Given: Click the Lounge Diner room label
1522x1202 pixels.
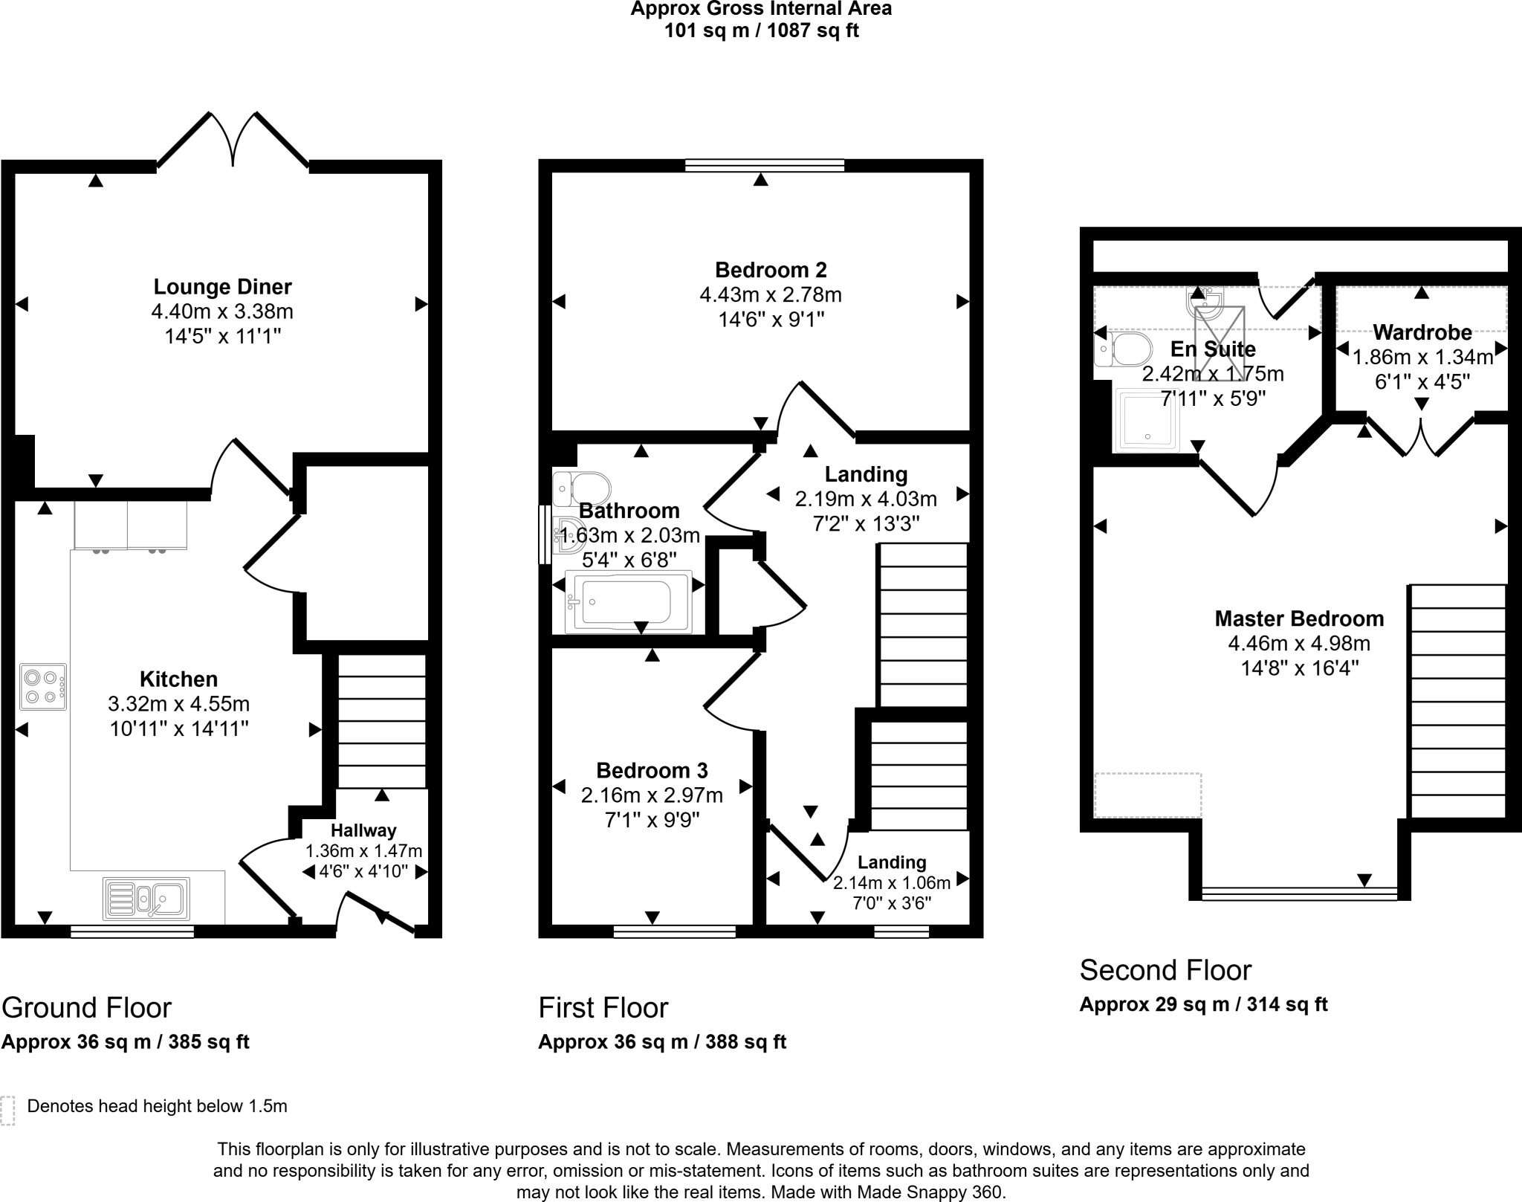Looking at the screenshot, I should point(222,287).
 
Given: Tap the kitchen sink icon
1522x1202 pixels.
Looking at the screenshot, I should point(147,899).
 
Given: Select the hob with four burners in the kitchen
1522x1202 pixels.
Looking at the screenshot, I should point(43,687).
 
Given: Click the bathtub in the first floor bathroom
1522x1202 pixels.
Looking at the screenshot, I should point(628,602).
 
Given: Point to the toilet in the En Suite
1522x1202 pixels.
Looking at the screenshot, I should point(1124,349).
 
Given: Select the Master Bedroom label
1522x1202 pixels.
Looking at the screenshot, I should point(1299,618).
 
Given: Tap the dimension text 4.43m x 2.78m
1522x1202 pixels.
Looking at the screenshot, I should point(770,295).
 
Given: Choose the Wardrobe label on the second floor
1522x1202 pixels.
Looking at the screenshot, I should point(1422,332).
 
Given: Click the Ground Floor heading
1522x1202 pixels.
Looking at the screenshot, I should point(86,1008).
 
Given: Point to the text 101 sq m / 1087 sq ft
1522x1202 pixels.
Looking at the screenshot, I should point(761,31).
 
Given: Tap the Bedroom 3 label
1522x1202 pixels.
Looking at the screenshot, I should point(652,770).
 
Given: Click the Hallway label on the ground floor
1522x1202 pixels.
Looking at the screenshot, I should point(363,830).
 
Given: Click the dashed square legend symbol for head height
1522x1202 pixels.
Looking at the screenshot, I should point(7,1110).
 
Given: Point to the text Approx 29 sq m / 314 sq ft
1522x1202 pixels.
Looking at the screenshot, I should point(1203,1004).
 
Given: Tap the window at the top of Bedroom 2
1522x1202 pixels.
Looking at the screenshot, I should point(764,165).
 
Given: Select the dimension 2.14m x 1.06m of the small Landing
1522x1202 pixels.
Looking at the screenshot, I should point(891,883).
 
